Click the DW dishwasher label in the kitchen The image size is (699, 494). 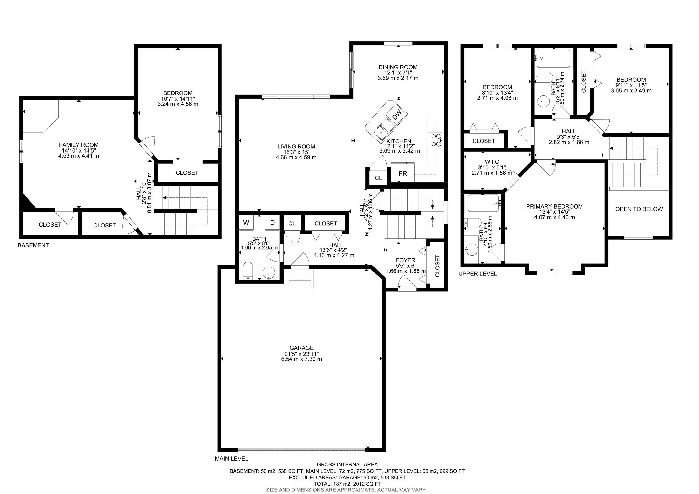[396, 115]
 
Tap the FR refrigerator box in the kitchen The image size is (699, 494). [403, 173]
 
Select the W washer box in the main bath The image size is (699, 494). [246, 223]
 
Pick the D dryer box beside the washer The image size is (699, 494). [272, 223]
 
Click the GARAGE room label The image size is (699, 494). [301, 348]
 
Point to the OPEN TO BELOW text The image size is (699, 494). [639, 209]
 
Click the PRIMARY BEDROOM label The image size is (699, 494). [554, 206]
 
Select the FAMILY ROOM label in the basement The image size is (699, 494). [79, 145]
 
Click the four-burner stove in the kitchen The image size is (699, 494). [435, 140]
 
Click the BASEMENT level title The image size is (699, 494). [33, 245]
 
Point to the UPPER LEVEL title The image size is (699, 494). [477, 273]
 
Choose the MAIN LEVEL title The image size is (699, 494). [231, 458]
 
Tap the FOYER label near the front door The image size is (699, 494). [405, 260]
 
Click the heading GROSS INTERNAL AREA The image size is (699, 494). [347, 464]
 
